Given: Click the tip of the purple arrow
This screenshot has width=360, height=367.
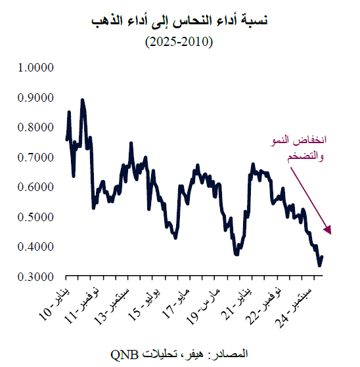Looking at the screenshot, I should (x=332, y=234).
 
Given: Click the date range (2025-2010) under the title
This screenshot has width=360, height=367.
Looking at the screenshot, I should (x=179, y=42).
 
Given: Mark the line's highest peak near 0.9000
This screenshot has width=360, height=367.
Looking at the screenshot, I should (x=82, y=100).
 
